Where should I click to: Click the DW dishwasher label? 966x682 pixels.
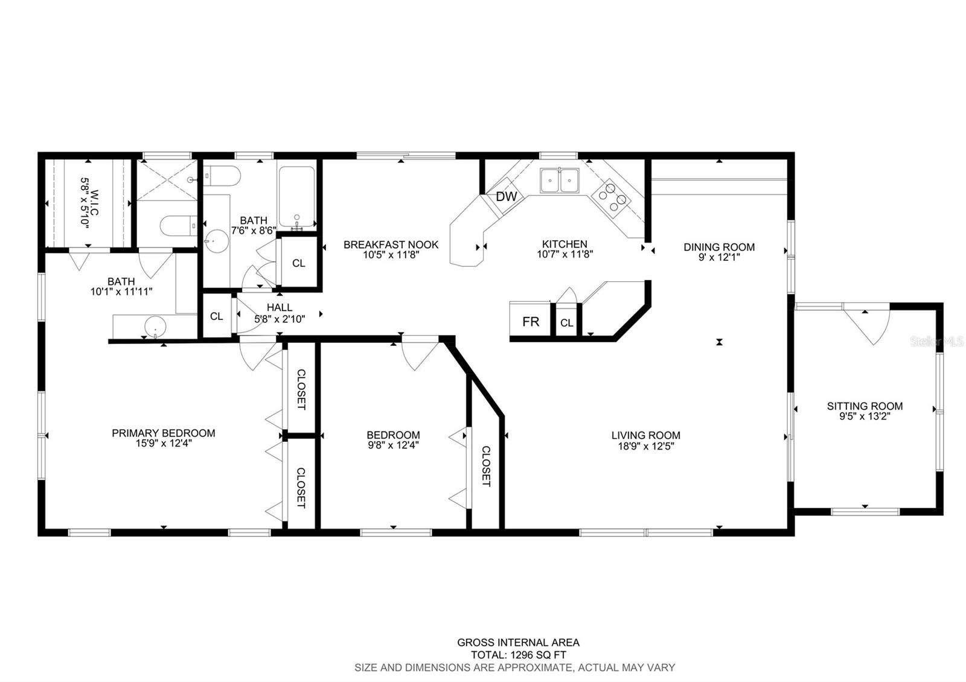(x=507, y=197)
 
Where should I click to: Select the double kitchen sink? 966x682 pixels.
(x=560, y=180)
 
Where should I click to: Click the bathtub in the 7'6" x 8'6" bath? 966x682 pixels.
(x=296, y=197)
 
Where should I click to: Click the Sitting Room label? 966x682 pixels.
(x=865, y=406)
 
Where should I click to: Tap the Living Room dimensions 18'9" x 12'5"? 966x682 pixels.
(x=645, y=446)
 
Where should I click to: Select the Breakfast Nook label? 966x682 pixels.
(x=391, y=245)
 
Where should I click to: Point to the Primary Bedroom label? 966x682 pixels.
(x=164, y=433)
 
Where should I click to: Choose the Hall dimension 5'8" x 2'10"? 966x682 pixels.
(x=280, y=319)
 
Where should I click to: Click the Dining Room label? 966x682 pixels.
(x=719, y=247)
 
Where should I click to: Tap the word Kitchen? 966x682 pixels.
(x=565, y=244)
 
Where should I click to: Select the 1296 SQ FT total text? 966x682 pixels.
(x=538, y=655)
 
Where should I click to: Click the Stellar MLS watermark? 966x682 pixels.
(x=936, y=342)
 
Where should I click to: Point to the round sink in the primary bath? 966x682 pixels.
(x=155, y=327)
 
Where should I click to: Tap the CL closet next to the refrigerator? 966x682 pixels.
(x=566, y=322)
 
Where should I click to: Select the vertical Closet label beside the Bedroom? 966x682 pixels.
(x=486, y=466)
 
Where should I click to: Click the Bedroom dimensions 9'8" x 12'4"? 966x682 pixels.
(x=393, y=445)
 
